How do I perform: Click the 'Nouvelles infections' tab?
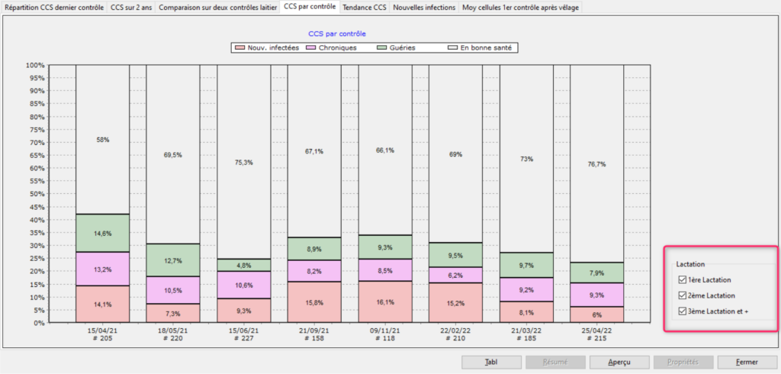(424, 8)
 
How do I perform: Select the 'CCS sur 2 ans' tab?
(131, 8)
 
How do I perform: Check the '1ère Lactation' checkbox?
(682, 280)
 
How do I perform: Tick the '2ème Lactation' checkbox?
(682, 295)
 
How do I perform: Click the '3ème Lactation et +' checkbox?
(682, 311)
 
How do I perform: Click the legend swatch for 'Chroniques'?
(311, 47)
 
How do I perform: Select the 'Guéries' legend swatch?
(384, 47)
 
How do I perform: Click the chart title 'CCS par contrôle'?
(336, 34)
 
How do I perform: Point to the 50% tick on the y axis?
(35, 194)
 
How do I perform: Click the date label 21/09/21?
(314, 331)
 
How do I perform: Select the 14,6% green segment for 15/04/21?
(102, 233)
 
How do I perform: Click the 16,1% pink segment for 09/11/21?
(384, 301)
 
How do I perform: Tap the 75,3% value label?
(243, 162)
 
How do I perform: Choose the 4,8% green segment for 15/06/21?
(243, 265)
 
